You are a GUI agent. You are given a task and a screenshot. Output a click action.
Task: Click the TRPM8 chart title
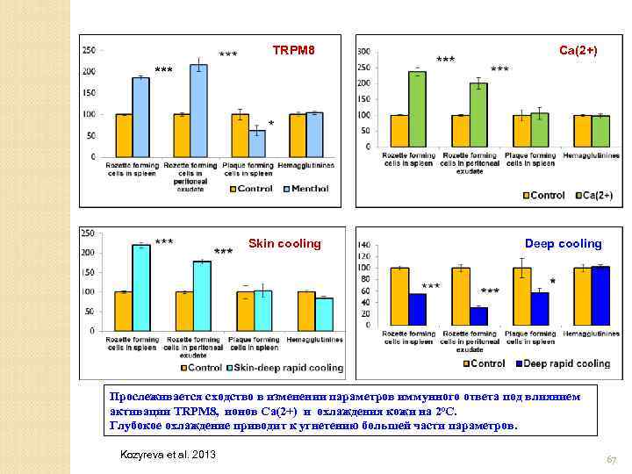(x=293, y=51)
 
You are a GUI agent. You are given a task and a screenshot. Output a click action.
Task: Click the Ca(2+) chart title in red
(x=578, y=51)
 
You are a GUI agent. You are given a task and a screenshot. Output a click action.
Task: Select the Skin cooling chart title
(x=285, y=243)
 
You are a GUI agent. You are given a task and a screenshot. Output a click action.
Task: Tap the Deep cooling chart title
(x=563, y=243)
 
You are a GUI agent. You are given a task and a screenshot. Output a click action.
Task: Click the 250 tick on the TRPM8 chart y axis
(x=89, y=51)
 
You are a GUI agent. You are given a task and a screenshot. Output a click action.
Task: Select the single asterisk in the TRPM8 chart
(x=271, y=125)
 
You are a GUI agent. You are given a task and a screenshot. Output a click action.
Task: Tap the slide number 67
(x=611, y=460)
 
